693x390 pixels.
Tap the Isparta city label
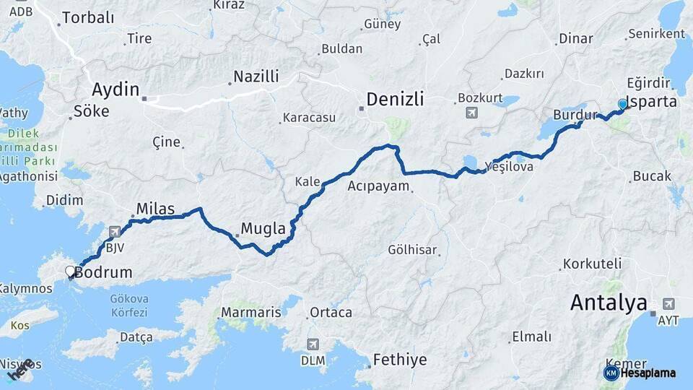(653, 101)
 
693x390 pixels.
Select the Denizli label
(395, 99)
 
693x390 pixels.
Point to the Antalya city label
(609, 303)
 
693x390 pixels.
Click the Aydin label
(115, 90)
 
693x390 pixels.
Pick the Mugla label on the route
(263, 229)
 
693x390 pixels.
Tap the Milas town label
(154, 209)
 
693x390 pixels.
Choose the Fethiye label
(400, 359)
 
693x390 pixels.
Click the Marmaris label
(250, 313)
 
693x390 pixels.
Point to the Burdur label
(575, 116)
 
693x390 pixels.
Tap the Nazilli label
(256, 77)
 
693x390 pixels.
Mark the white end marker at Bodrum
(71, 272)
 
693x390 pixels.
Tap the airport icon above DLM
(313, 344)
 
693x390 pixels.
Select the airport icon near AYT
(668, 304)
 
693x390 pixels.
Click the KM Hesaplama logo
(640, 373)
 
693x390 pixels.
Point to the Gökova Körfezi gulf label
(129, 305)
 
